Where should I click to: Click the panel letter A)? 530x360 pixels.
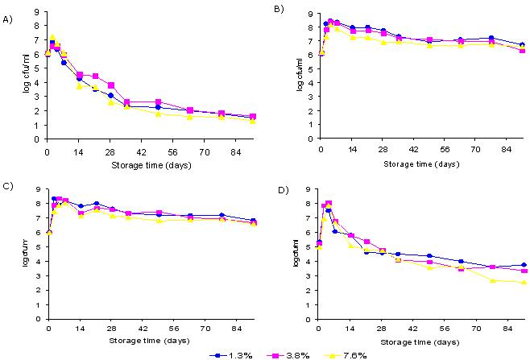(8, 12)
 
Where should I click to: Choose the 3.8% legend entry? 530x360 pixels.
(287, 354)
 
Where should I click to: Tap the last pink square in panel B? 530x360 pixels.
(523, 51)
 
